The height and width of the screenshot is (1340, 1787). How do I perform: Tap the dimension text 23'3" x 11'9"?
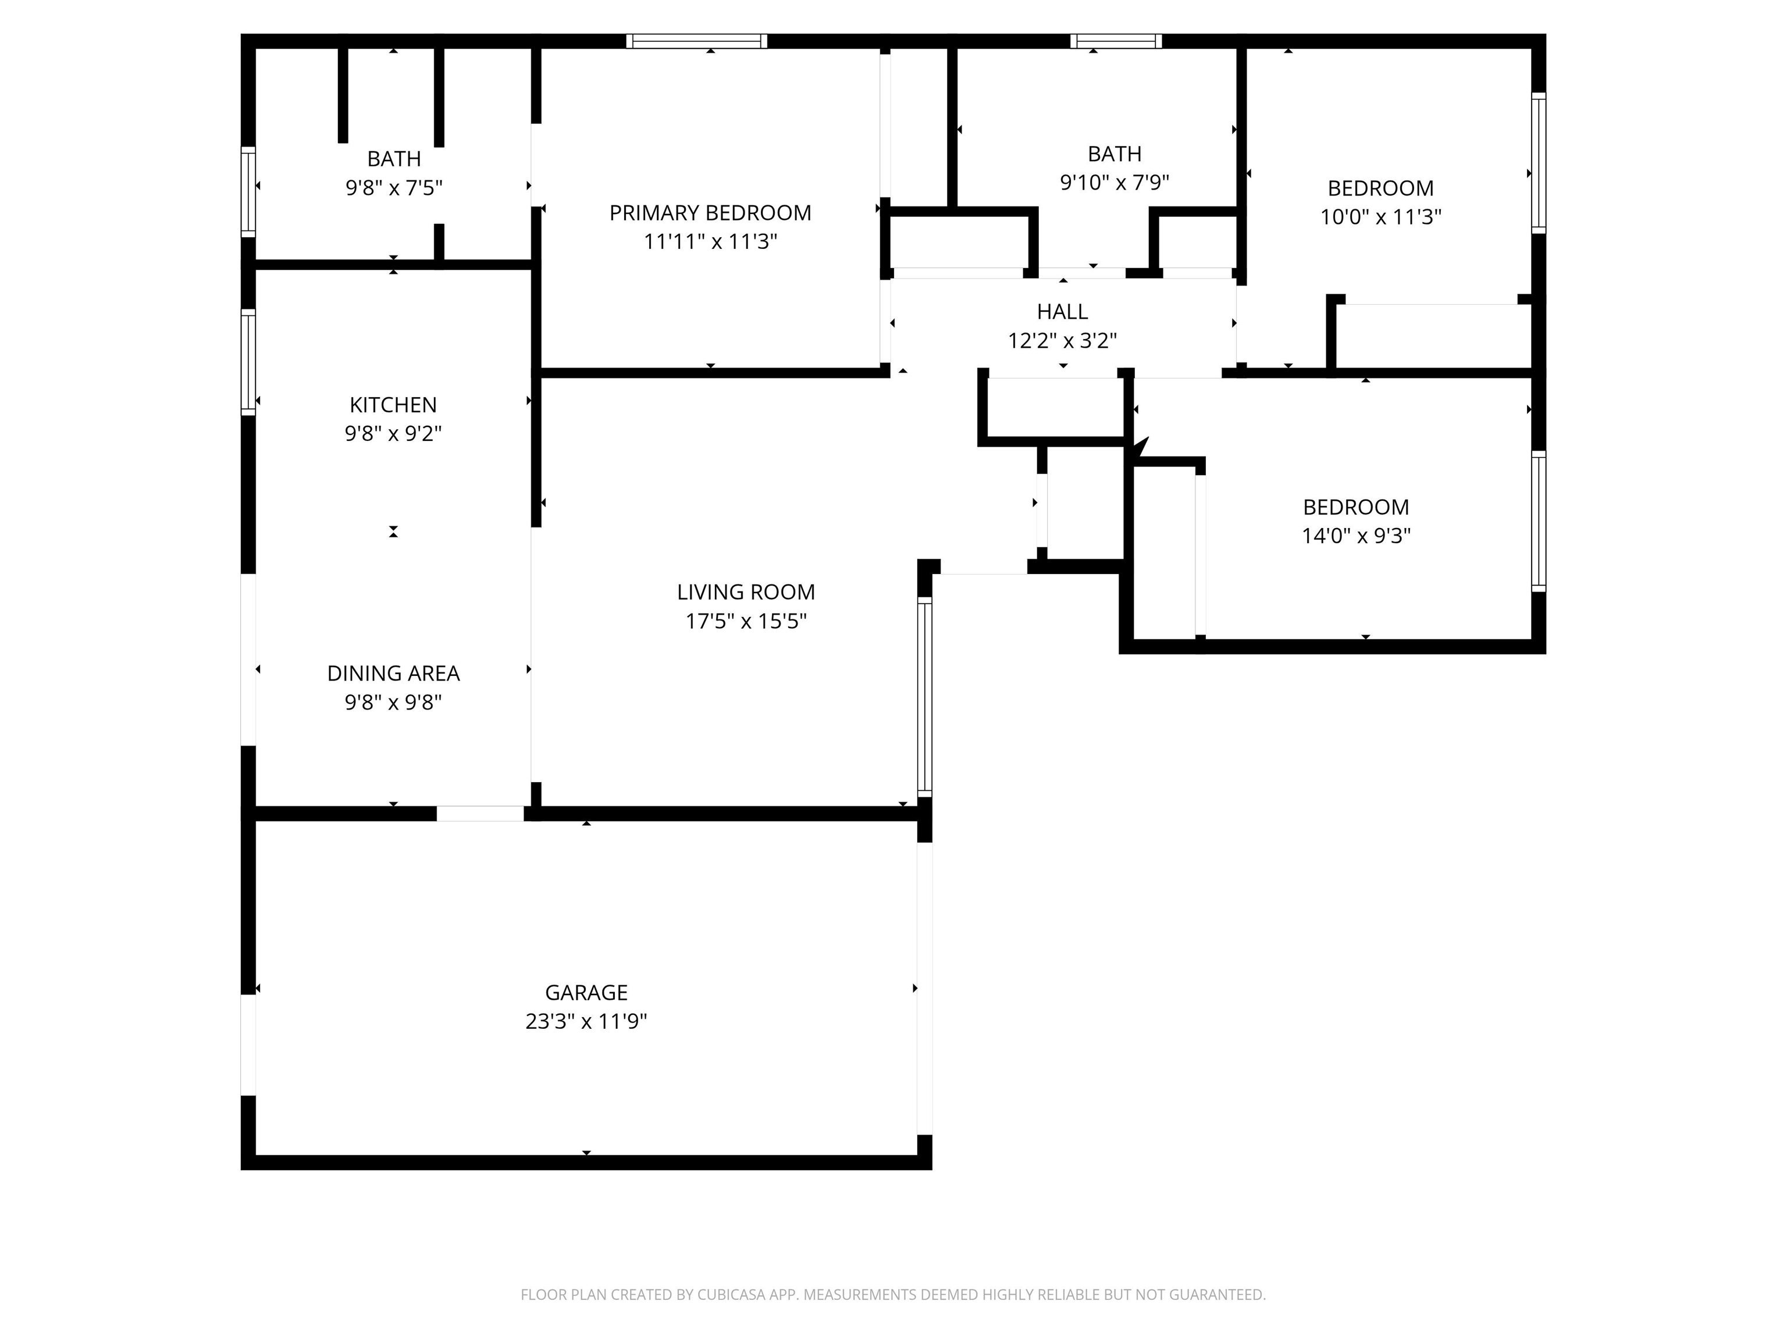(x=586, y=1022)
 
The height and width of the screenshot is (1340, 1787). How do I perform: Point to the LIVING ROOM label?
(x=746, y=592)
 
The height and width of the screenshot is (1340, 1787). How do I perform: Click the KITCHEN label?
(x=393, y=405)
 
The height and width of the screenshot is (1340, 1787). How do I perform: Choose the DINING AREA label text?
(x=393, y=673)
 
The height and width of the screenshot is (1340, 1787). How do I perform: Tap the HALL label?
(x=1062, y=311)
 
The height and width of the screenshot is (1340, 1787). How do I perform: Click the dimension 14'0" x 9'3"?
(x=1355, y=536)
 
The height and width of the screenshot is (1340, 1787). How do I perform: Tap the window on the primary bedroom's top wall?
(x=696, y=41)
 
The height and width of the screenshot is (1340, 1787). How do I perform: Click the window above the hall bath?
(x=1116, y=41)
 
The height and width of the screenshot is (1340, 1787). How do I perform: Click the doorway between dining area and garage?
(x=480, y=814)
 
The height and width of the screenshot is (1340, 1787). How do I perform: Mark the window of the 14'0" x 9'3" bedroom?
(x=1538, y=521)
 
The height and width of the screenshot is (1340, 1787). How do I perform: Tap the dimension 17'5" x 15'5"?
(x=746, y=621)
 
